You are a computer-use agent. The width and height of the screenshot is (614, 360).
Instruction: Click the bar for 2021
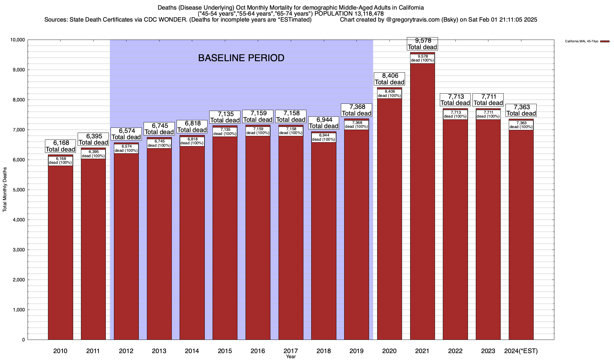click(x=422, y=210)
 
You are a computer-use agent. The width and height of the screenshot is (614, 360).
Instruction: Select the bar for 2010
click(x=60, y=255)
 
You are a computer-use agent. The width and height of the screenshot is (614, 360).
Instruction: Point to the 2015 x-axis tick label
click(x=225, y=351)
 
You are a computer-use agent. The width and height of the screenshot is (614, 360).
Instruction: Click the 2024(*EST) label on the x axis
click(x=521, y=351)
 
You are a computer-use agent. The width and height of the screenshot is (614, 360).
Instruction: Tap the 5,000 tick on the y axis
click(x=19, y=190)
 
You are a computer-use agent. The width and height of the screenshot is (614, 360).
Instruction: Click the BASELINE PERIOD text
click(x=241, y=58)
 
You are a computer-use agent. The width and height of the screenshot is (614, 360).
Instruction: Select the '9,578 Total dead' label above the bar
click(x=422, y=44)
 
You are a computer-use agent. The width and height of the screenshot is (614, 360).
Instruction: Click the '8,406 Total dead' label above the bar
click(x=389, y=79)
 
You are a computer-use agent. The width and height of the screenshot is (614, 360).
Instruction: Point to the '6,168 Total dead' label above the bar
click(x=60, y=146)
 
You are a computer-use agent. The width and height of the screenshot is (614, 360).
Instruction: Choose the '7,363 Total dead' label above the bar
click(x=521, y=110)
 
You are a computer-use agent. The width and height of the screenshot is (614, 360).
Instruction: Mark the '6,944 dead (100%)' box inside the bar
click(x=324, y=137)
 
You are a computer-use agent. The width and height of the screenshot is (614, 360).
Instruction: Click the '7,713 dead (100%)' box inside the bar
click(x=455, y=115)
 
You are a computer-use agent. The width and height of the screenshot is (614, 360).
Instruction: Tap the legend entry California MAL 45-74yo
click(x=582, y=41)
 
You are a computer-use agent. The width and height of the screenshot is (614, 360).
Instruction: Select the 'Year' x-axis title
click(x=291, y=357)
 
